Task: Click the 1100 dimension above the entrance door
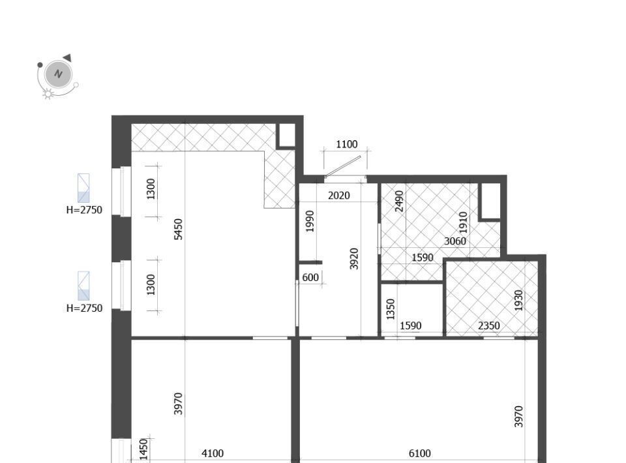[x=346, y=144]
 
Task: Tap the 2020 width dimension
[x=338, y=196]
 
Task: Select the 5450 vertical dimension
[x=179, y=229]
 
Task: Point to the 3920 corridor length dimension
[x=354, y=259]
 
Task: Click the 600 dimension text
[x=310, y=277]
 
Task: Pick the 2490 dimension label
[x=399, y=201]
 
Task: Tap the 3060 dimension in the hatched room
[x=455, y=241]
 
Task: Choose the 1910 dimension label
[x=463, y=222]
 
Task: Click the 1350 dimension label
[x=391, y=309]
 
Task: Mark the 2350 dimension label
[x=488, y=325]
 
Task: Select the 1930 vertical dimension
[x=518, y=300]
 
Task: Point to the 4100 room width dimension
[x=213, y=453]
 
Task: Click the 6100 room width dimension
[x=419, y=453]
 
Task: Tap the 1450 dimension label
[x=143, y=449]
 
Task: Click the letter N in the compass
[x=59, y=74]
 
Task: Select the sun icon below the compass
[x=48, y=94]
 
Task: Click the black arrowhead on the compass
[x=67, y=58]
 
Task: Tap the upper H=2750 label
[x=84, y=210]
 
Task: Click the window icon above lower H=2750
[x=83, y=286]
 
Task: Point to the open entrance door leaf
[x=343, y=166]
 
